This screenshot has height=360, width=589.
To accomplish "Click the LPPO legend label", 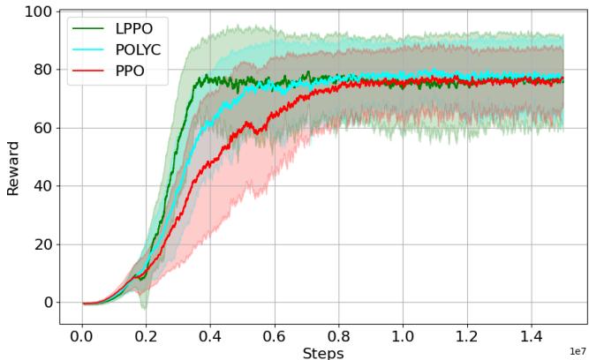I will pos(134,29).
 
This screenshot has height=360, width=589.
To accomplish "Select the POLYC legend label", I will pos(140,50).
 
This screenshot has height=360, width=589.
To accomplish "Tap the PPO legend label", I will pos(130,71).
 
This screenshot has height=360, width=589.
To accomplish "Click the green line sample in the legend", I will pos(88,29).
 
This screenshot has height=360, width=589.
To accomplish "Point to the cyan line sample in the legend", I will pos(88,50).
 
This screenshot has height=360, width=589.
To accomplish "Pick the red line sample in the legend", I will pos(88,71).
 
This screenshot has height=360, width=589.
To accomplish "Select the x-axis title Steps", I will pos(323,352).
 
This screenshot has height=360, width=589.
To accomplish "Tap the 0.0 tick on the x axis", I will pos(82,335).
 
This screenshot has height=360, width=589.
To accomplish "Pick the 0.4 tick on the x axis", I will pos(211,335).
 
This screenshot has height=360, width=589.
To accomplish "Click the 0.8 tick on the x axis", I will pos(339,335).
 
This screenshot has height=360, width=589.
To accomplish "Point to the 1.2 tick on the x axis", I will pos(467,335).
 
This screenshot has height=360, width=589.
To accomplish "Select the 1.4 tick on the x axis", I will pos(532,335).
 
